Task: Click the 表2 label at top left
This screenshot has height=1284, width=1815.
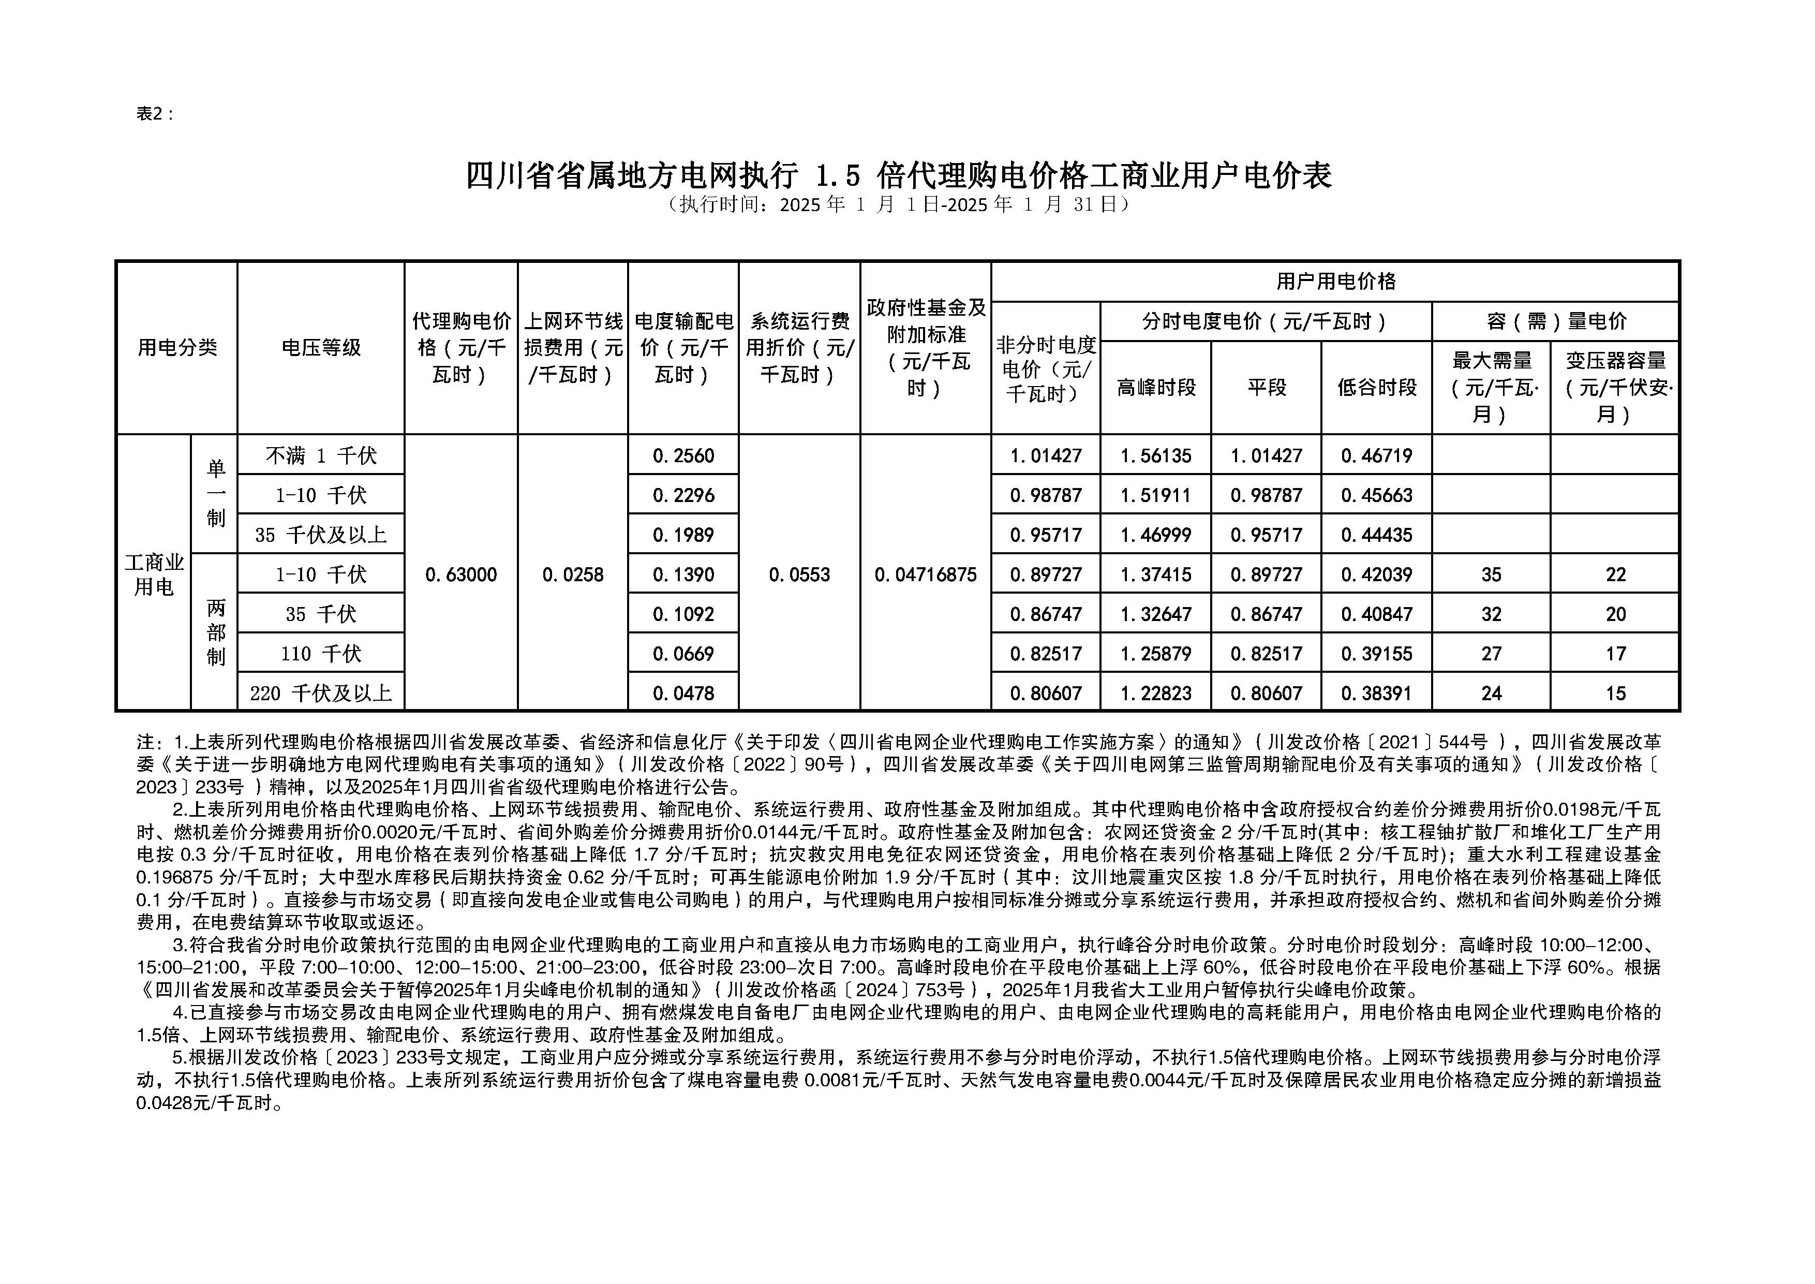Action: (x=155, y=114)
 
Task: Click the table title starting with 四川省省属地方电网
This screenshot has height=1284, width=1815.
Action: (x=898, y=175)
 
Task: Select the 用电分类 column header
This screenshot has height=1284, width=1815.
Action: (x=177, y=348)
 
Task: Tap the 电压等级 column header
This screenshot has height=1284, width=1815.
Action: (x=321, y=348)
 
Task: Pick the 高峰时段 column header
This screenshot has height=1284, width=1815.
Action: (x=1156, y=388)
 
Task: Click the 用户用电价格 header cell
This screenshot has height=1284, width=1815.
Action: (x=1335, y=282)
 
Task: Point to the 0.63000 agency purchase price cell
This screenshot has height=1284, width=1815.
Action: (x=461, y=575)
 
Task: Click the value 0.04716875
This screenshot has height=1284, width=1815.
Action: (x=925, y=575)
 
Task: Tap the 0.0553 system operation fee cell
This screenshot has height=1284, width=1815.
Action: (x=799, y=575)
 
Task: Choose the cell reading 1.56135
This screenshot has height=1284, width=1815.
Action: (x=1156, y=456)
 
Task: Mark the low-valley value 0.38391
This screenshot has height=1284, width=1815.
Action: (x=1376, y=693)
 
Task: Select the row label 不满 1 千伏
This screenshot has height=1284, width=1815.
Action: (x=321, y=456)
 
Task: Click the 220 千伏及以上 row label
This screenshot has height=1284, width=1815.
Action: (x=321, y=693)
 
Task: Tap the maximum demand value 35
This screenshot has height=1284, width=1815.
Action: (x=1491, y=575)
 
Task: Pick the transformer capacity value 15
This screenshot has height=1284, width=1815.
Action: (x=1615, y=693)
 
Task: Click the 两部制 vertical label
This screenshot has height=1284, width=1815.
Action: (x=215, y=632)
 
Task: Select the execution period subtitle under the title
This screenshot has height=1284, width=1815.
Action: (x=898, y=205)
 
